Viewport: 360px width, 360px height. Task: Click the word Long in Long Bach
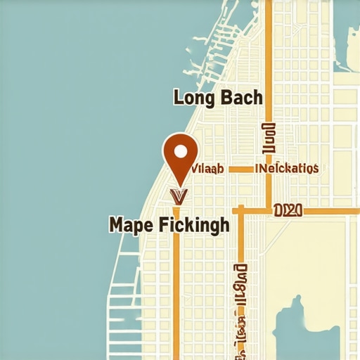(195, 97)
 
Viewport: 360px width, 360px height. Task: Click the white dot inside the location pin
(181, 150)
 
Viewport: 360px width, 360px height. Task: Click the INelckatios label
(289, 169)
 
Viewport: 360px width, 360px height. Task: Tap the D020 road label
(287, 210)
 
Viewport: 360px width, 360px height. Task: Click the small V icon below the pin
(179, 195)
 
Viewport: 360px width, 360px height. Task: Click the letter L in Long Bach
(179, 97)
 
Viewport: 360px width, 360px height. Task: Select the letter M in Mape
(117, 225)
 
